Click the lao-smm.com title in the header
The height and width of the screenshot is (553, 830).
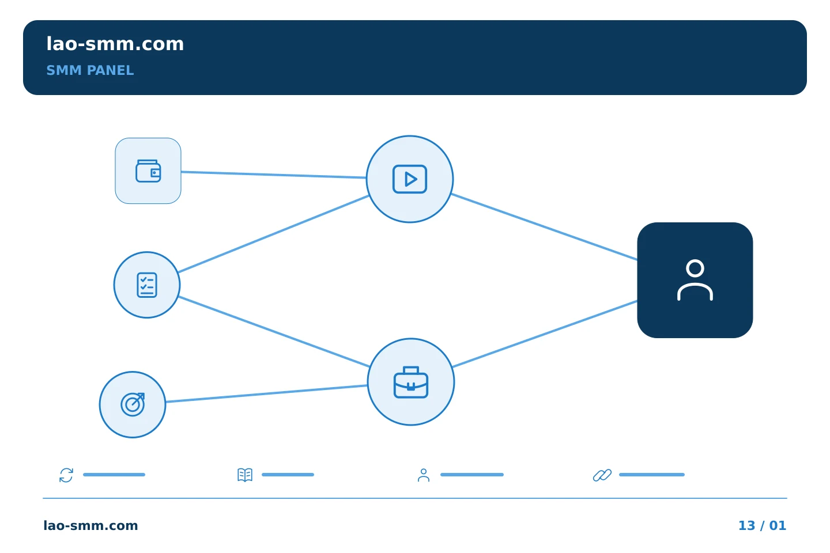pos(115,44)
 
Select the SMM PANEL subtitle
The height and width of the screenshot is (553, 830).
pos(90,70)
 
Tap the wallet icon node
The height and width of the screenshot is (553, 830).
pos(148,171)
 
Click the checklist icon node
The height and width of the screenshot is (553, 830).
pos(147,285)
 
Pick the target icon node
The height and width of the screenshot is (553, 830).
pos(133,404)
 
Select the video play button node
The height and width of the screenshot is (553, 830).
pos(410,179)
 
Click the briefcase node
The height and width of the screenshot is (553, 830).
pos(411,382)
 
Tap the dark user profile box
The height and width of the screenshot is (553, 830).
pos(695,280)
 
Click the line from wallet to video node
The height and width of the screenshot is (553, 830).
pos(274,175)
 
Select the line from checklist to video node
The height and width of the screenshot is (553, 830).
pos(273,234)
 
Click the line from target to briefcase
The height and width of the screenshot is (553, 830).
pos(266,394)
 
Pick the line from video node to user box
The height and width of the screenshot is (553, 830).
pos(544,227)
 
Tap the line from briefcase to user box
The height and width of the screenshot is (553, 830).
pos(545,334)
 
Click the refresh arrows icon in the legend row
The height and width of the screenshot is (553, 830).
pos(66,475)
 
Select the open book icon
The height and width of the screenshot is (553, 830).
pos(245,475)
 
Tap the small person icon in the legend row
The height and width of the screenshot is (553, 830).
pos(424,475)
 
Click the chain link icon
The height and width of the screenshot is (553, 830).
pos(602,475)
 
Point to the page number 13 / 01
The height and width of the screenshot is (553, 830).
pos(762,525)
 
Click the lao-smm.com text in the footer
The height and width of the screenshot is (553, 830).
pos(91,525)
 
